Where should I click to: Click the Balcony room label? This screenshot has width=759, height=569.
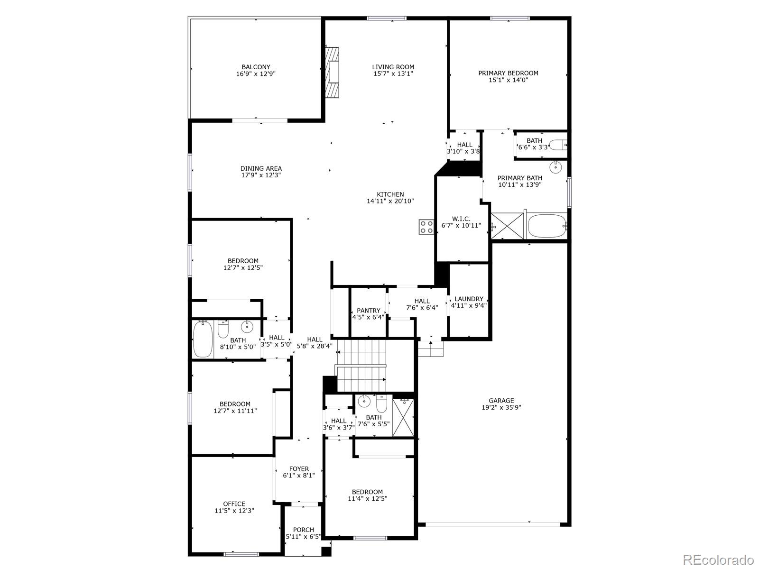(256, 67)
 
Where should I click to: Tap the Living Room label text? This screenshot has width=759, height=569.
(393, 67)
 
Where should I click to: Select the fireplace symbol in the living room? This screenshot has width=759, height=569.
(333, 72)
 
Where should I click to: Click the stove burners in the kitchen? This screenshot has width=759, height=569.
(426, 227)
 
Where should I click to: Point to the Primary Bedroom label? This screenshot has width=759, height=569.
(508, 73)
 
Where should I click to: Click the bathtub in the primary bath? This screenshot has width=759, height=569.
(547, 226)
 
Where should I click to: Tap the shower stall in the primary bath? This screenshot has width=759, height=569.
(507, 226)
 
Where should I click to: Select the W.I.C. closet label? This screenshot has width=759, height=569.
(461, 219)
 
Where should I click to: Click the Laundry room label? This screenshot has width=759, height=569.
(469, 299)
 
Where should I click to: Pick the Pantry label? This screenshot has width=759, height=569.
(369, 311)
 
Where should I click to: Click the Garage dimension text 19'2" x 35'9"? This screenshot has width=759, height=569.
(501, 407)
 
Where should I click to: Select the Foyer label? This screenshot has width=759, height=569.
(299, 469)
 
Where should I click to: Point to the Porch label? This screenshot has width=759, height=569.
(303, 530)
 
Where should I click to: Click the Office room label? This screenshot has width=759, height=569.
(234, 504)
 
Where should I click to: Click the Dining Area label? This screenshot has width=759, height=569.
(261, 168)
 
